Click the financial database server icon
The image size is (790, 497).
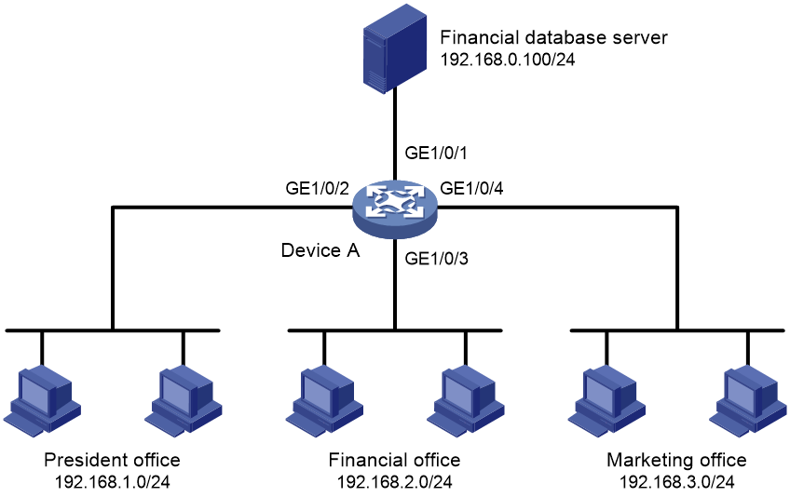pos(395,49)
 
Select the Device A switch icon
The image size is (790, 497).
pos(395,209)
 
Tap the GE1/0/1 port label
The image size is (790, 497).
pos(436,153)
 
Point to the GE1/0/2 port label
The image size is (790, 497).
pos(317,188)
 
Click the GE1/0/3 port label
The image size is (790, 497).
pos(436,259)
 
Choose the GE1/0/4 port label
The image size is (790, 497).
pos(471,188)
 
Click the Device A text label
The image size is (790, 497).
pos(320,250)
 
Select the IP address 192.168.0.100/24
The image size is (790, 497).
pos(508,60)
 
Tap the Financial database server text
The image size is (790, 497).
pos(553,38)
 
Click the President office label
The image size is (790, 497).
pos(112,460)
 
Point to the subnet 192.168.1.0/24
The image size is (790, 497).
pos(113,482)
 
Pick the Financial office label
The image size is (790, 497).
pos(394,460)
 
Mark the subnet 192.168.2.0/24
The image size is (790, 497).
pos(394,482)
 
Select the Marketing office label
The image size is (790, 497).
pos(676,460)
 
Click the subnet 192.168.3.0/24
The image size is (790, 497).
pos(676,482)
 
